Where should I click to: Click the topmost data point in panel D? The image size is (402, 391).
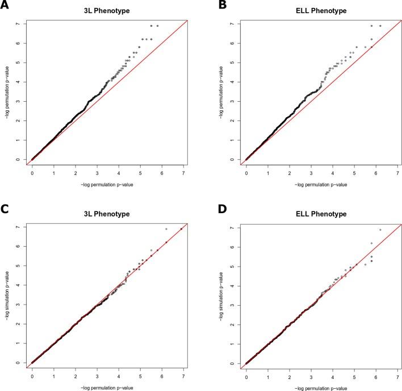click(x=380, y=230)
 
